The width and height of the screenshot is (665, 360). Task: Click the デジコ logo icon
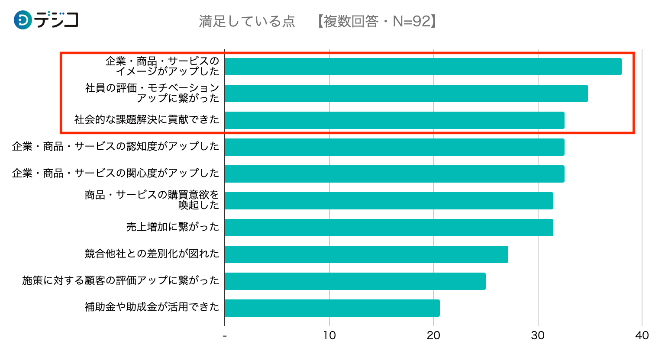(23, 20)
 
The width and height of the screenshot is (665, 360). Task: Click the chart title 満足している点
(247, 21)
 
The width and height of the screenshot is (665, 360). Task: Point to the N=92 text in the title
(411, 21)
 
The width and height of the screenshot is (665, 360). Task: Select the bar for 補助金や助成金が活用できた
(332, 308)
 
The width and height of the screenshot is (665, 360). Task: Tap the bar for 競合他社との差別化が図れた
(366, 254)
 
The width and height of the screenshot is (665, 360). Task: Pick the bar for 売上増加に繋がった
(389, 228)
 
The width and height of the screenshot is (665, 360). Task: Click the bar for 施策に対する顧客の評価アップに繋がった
(355, 281)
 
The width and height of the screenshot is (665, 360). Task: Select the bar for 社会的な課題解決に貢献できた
(394, 120)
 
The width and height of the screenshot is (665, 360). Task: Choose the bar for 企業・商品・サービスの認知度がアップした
(394, 147)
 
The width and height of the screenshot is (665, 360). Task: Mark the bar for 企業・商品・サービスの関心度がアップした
(394, 174)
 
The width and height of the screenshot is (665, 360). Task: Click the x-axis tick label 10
(329, 335)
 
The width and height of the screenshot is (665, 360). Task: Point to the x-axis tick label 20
(433, 335)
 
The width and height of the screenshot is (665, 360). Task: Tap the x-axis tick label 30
(538, 335)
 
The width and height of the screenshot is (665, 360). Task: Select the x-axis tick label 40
(642, 335)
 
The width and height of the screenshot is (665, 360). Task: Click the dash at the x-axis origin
(225, 336)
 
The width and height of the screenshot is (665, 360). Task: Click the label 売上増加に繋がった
(173, 227)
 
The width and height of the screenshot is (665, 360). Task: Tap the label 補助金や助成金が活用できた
(152, 307)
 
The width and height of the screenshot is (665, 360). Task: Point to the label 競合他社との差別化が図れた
(152, 254)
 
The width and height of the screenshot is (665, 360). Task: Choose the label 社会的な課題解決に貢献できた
(147, 120)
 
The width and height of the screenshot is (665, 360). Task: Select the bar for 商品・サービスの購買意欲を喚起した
(389, 201)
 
